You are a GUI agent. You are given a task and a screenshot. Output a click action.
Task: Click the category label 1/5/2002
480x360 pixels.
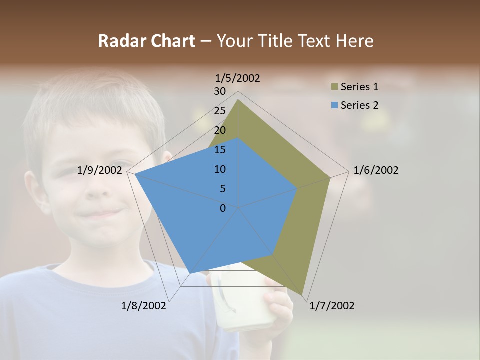click(238, 78)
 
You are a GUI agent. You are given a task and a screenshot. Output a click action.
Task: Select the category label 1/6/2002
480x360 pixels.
click(376, 170)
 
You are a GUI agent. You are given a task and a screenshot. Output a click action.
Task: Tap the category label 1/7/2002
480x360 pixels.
click(332, 306)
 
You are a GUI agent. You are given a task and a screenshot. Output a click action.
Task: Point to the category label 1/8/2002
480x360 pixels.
click(144, 306)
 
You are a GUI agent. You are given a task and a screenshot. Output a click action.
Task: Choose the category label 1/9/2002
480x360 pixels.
click(100, 170)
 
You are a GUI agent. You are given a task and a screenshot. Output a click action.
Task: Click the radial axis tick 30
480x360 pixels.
click(220, 91)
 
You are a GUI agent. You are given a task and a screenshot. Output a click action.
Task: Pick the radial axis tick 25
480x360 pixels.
click(220, 111)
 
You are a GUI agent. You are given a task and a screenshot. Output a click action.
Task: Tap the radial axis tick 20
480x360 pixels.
click(220, 130)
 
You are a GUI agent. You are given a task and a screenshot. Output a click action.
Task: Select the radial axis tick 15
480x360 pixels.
click(220, 150)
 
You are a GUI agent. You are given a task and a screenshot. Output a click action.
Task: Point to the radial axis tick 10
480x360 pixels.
click(220, 169)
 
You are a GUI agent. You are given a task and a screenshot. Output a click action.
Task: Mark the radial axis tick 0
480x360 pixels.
click(223, 208)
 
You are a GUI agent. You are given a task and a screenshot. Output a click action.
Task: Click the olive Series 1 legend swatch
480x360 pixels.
click(334, 87)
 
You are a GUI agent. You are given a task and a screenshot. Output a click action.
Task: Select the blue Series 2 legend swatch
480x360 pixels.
click(334, 105)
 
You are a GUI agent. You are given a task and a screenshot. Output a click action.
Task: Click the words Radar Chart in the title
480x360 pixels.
click(146, 41)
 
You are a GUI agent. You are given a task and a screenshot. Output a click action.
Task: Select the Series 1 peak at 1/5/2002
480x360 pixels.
click(238, 99)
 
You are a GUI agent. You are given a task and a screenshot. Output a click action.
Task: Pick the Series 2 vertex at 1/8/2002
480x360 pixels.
click(190, 273)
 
